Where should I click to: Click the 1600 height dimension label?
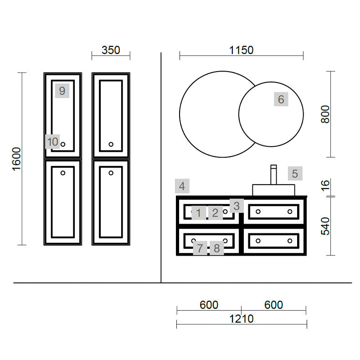(x=16, y=159)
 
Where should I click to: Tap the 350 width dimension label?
(x=111, y=50)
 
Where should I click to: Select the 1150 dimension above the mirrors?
(x=242, y=50)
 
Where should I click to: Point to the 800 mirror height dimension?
(x=325, y=114)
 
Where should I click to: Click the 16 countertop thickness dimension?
(x=325, y=185)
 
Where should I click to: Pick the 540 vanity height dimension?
(x=325, y=226)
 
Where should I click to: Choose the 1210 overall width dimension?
(x=242, y=319)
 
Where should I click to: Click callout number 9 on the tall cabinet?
(x=62, y=91)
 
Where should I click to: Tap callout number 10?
(x=52, y=142)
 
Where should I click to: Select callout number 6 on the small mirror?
(x=281, y=99)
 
